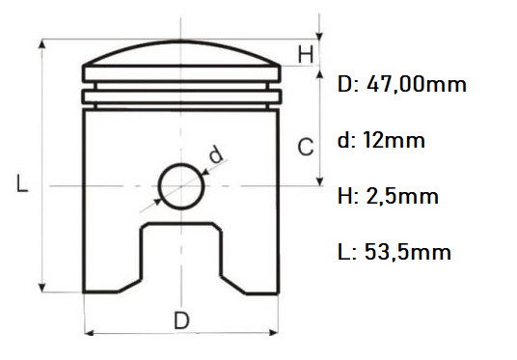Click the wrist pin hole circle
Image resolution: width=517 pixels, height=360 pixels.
(x=181, y=183)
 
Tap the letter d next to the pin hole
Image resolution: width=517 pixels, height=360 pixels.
(x=215, y=153)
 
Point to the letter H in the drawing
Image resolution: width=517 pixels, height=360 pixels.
(x=305, y=55)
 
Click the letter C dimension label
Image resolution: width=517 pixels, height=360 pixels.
(x=304, y=148)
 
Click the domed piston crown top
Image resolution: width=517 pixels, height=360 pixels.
(x=181, y=53)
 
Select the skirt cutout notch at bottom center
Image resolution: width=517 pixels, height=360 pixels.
(x=181, y=256)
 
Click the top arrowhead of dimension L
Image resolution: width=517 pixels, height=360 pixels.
(x=41, y=44)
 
